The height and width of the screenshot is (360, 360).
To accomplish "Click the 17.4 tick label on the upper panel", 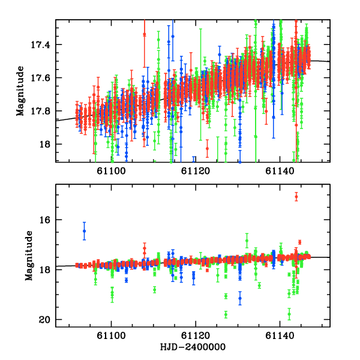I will (43, 45).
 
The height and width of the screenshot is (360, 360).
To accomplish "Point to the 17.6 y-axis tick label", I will (43, 78).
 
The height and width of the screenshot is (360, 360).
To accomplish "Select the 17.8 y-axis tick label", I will (43, 111).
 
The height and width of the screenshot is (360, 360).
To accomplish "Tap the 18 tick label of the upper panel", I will (47, 145).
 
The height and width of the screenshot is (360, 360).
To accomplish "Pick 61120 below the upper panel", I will (196, 171).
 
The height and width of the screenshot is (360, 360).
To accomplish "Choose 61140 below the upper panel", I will (279, 171).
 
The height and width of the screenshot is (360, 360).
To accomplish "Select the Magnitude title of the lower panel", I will (20, 256).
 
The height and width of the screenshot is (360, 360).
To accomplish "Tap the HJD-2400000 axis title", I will (193, 347).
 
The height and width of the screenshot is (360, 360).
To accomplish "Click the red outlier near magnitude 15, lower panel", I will (296, 197).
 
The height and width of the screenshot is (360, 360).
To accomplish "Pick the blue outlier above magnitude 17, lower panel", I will (85, 231).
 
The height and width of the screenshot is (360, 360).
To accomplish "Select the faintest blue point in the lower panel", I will (240, 298).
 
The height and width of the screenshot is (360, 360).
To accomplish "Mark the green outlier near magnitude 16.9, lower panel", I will (247, 241).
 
